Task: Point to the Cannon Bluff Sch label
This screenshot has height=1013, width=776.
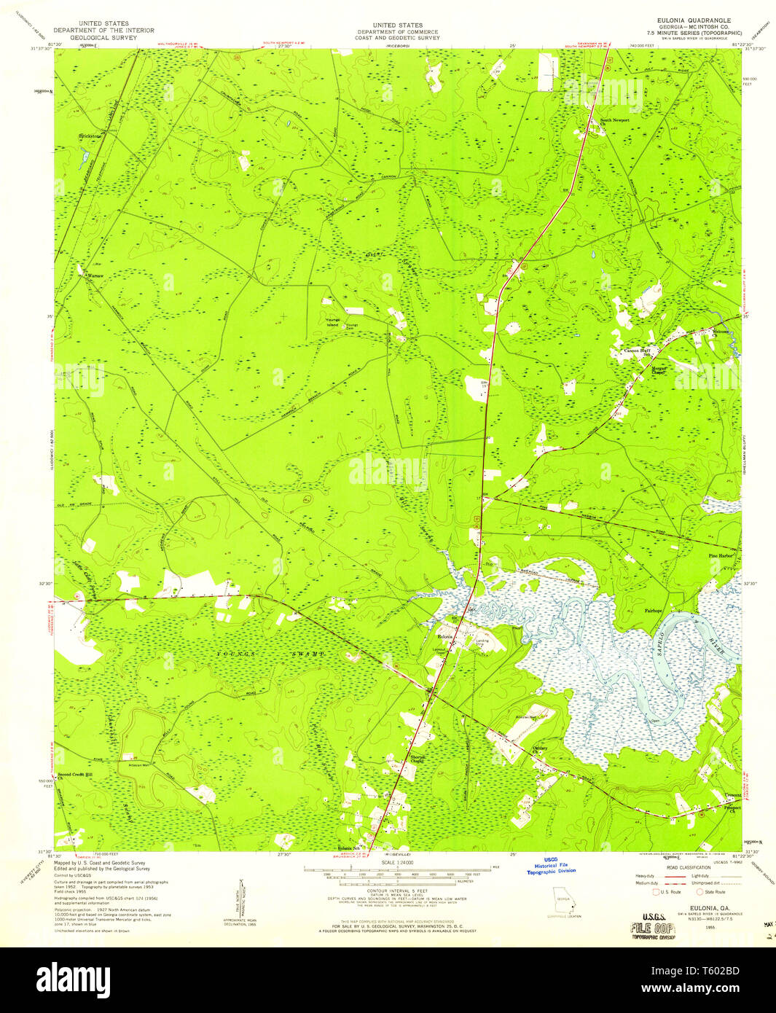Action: [640, 351]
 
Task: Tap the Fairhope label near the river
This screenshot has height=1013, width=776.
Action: [653, 611]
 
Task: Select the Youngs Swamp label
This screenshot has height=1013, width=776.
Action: [270, 655]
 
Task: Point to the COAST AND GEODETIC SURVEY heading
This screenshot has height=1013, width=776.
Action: [397, 38]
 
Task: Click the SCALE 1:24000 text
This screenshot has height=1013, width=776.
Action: [396, 863]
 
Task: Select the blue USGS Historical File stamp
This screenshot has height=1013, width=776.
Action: [551, 866]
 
